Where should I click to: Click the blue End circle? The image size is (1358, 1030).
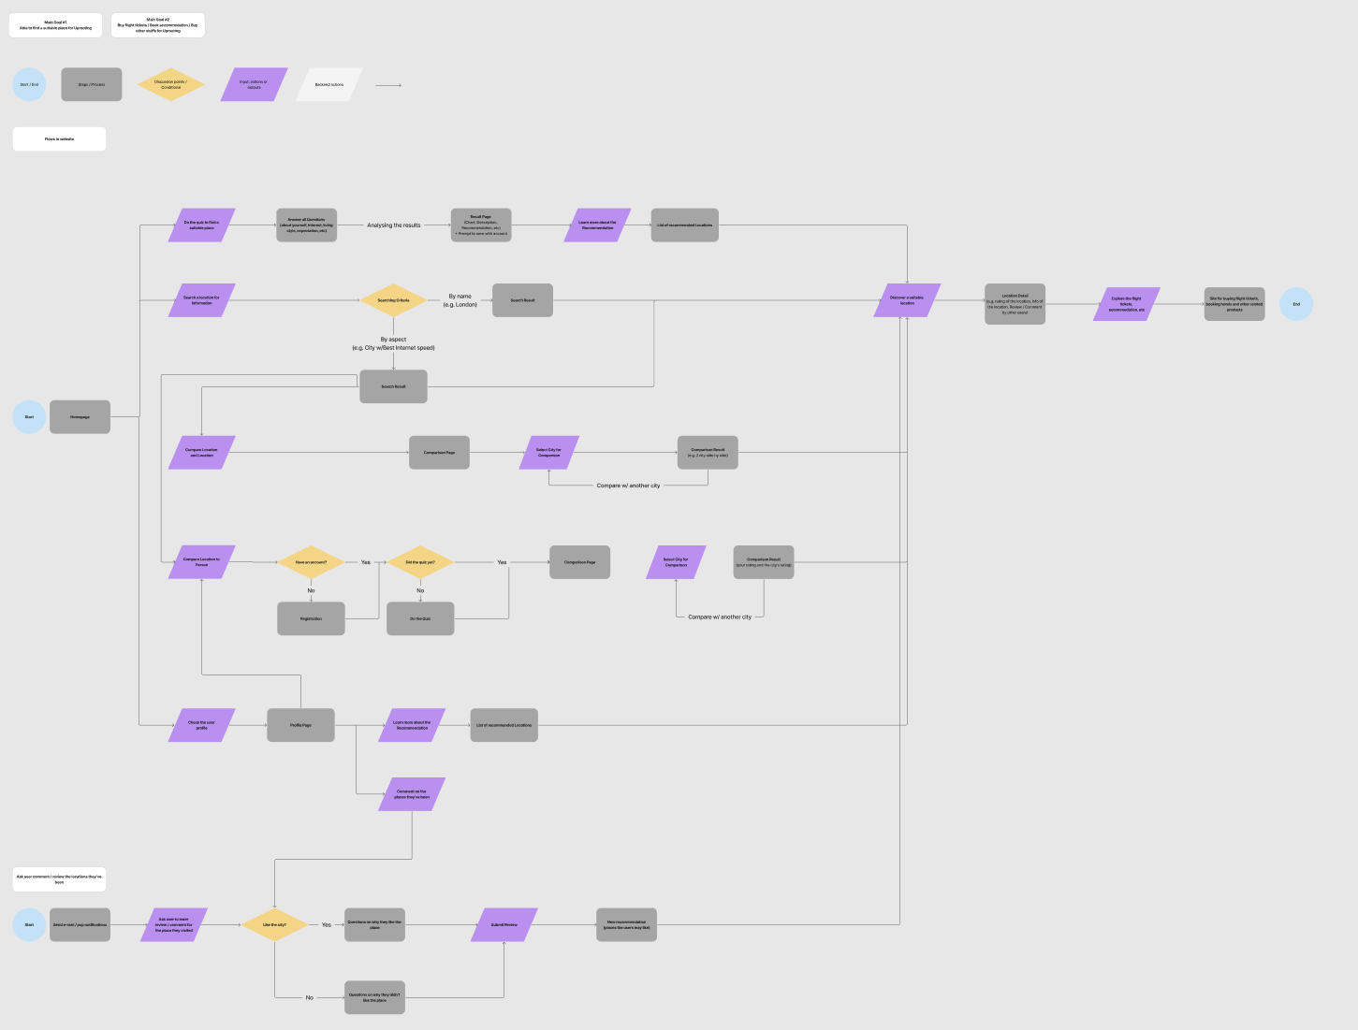1296,304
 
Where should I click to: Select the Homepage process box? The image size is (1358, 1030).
80,417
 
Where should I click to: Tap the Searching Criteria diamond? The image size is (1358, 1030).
393,300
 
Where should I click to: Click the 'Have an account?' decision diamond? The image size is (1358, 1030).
311,562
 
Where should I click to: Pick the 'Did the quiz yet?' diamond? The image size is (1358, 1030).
420,562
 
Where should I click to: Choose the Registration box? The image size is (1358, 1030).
311,618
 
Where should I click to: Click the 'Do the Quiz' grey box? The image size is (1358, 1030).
420,618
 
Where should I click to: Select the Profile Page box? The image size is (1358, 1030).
300,725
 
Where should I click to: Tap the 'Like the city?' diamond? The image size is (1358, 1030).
274,924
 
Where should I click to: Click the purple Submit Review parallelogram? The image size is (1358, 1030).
504,924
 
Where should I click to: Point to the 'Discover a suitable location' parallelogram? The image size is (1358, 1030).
907,300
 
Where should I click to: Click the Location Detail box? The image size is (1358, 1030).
1015,304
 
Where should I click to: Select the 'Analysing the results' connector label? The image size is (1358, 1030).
394,225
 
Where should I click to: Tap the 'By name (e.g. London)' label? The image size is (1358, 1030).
460,300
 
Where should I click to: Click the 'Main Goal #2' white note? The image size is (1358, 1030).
157,25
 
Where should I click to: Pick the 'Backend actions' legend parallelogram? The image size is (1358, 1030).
329,84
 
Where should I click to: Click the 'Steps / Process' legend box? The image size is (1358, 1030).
92,84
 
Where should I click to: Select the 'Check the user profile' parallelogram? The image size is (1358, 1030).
201,725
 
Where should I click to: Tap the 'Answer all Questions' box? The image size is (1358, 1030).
306,225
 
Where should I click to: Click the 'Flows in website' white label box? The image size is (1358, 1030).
59,138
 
